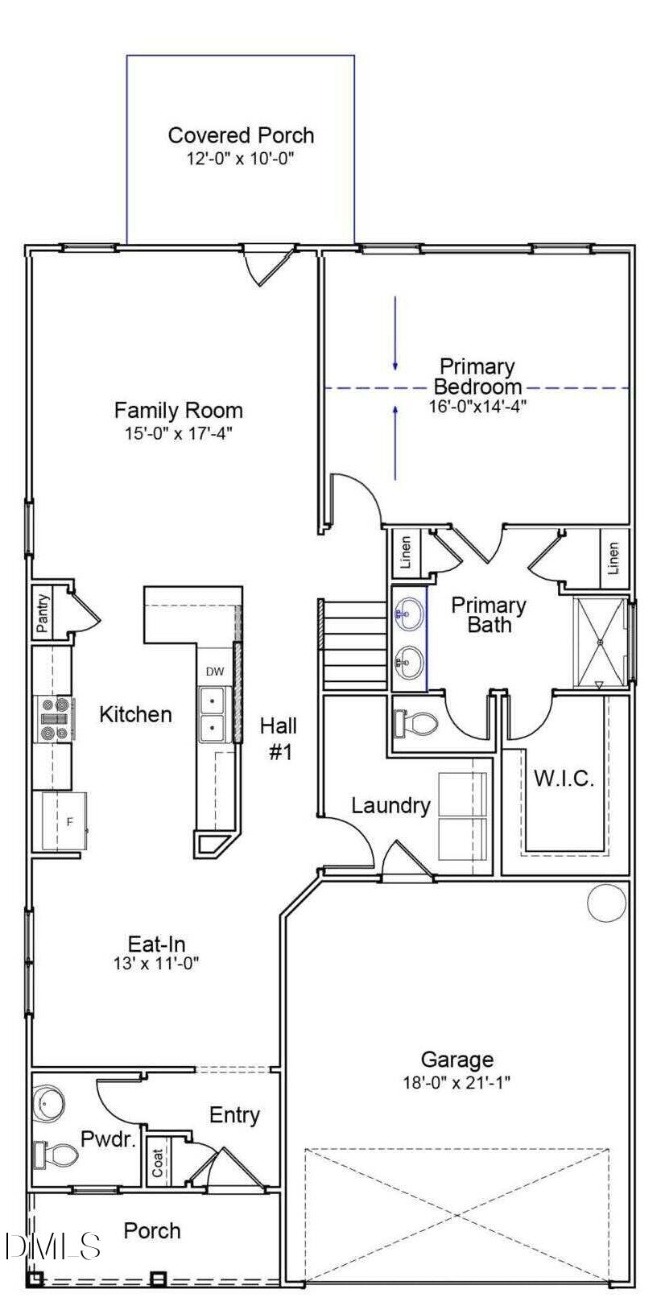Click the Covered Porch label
pos(241,135)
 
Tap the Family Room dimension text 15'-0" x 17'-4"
pos(178,434)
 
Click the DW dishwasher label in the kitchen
pos(214,672)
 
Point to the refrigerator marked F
pos(69,822)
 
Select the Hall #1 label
pos(279,738)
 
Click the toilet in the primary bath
pos(415,723)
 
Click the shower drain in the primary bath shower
pos(601,642)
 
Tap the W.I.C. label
pos(564,779)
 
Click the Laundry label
pos(390,805)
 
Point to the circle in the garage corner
pos(606,903)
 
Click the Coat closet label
pos(159,1162)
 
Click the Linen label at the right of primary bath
pos(613,557)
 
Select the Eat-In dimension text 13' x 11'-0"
pos(156,963)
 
